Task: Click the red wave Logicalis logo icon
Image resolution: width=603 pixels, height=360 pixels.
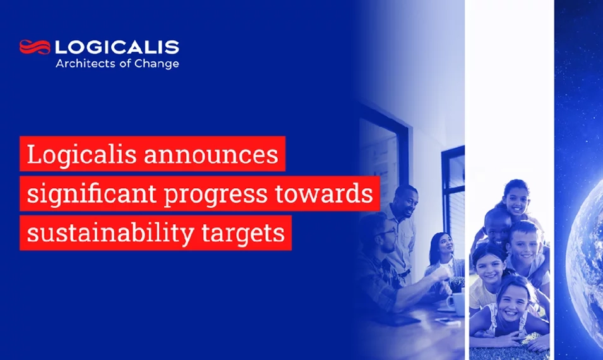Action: (x=35, y=47)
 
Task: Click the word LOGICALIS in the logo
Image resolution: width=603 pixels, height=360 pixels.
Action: (x=117, y=47)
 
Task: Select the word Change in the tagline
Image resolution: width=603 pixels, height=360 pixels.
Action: (x=157, y=63)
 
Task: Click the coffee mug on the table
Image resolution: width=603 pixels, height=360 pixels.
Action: (x=453, y=302)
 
